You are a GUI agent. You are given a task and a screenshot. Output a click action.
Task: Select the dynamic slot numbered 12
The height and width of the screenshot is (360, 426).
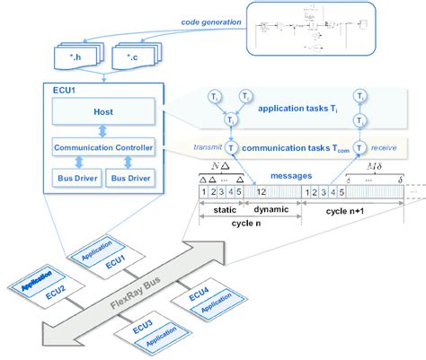[261, 191]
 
